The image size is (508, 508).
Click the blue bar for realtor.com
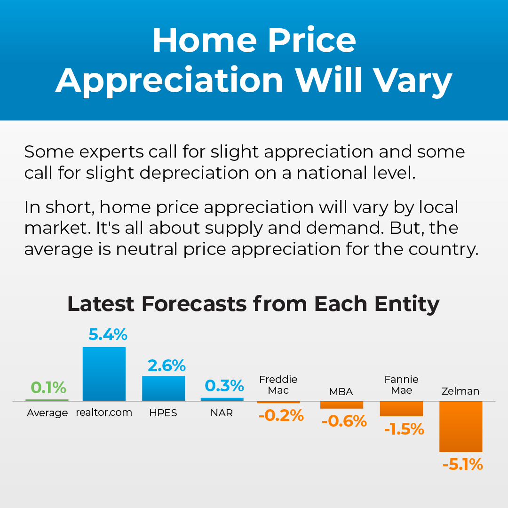tap(104, 374)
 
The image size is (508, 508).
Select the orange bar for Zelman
tap(460, 426)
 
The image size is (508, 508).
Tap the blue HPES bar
tap(163, 388)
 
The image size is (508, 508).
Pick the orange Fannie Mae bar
tap(401, 408)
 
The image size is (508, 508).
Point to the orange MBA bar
tap(341, 405)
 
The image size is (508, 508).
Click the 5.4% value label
tap(108, 335)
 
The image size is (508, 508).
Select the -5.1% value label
tap(462, 465)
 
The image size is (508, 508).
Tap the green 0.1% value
tap(48, 388)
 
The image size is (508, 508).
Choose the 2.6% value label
tap(167, 365)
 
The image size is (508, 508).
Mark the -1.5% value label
tap(404, 429)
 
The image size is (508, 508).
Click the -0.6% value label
tap(344, 421)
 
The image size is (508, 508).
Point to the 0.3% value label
tap(224, 386)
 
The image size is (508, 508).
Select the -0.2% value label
tap(281, 416)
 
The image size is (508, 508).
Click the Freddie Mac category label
tap(278, 385)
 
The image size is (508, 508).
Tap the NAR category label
tap(222, 413)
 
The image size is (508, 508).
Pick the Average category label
tap(47, 413)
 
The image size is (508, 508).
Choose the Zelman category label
tap(460, 391)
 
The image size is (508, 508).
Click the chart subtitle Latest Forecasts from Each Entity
tap(254, 304)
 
